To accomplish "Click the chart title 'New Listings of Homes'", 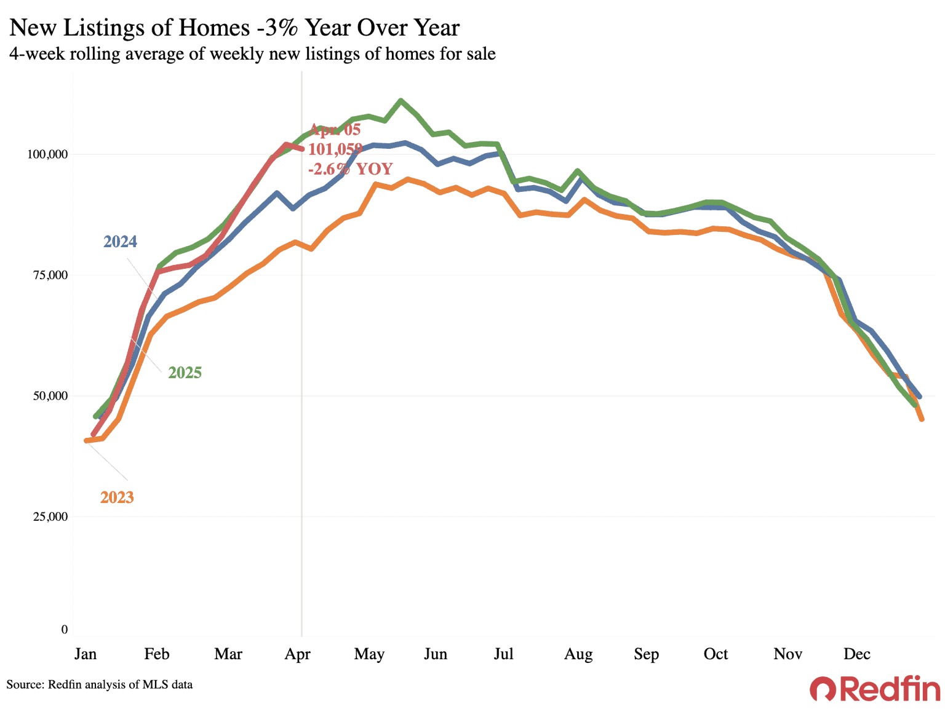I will tap(234, 28).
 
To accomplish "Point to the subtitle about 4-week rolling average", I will tap(252, 54).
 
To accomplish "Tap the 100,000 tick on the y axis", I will tap(47, 154).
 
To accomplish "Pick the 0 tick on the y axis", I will tap(65, 630).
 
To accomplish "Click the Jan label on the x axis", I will tap(86, 654).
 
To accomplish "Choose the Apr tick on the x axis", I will tap(298, 654).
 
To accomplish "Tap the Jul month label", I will tap(503, 654).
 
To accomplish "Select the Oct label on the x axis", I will tap(716, 654).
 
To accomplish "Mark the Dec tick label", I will tap(857, 654).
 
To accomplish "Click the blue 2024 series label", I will tap(120, 242).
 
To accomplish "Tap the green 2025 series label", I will tap(185, 373).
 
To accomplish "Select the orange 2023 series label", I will tap(117, 497).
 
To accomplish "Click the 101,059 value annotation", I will tap(335, 149).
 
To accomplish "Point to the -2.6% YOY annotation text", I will tap(350, 169).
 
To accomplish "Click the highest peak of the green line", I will tap(401, 100).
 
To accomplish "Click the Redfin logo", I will tap(875, 689).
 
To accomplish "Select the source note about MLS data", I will tap(100, 684).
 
